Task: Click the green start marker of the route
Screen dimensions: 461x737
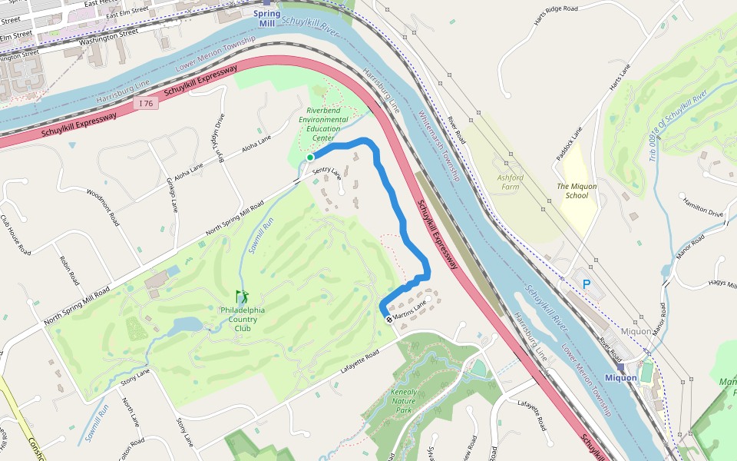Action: pos(309,158)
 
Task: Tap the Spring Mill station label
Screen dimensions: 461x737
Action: pos(266,18)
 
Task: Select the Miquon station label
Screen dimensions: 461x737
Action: pos(621,377)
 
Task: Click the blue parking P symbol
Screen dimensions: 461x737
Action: pos(587,284)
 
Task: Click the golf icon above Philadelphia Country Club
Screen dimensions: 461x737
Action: pos(242,297)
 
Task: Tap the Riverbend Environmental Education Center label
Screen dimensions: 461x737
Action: pos(323,124)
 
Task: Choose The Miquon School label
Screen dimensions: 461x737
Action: pos(577,191)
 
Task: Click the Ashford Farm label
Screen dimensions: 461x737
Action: pos(511,182)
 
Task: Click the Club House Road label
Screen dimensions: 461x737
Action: pos(15,234)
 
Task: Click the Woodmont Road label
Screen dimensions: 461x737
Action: pos(103,207)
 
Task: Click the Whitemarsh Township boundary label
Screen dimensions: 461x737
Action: pos(439,145)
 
